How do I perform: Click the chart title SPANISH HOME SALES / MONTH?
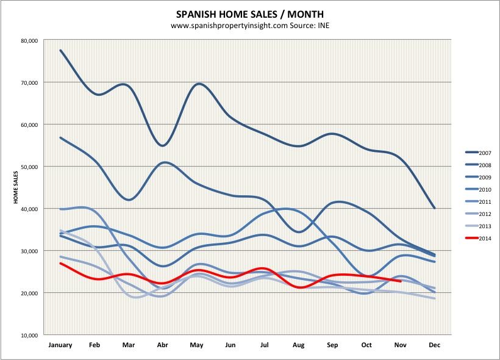(x=250, y=13)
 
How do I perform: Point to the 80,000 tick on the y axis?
(x=29, y=40)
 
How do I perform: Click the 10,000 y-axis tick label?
(x=29, y=336)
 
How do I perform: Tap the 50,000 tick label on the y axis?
(x=29, y=167)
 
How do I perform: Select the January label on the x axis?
(x=60, y=345)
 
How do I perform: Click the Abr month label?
(x=163, y=345)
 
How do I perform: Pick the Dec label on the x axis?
(x=434, y=345)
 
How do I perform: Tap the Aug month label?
(x=298, y=345)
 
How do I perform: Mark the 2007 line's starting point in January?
(x=60, y=50)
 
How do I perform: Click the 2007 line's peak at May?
(x=197, y=84)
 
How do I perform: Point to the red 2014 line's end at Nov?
(x=400, y=281)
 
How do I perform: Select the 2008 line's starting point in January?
(x=60, y=137)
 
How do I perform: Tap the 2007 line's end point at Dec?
(x=434, y=209)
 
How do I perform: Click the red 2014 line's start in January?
(x=60, y=263)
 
